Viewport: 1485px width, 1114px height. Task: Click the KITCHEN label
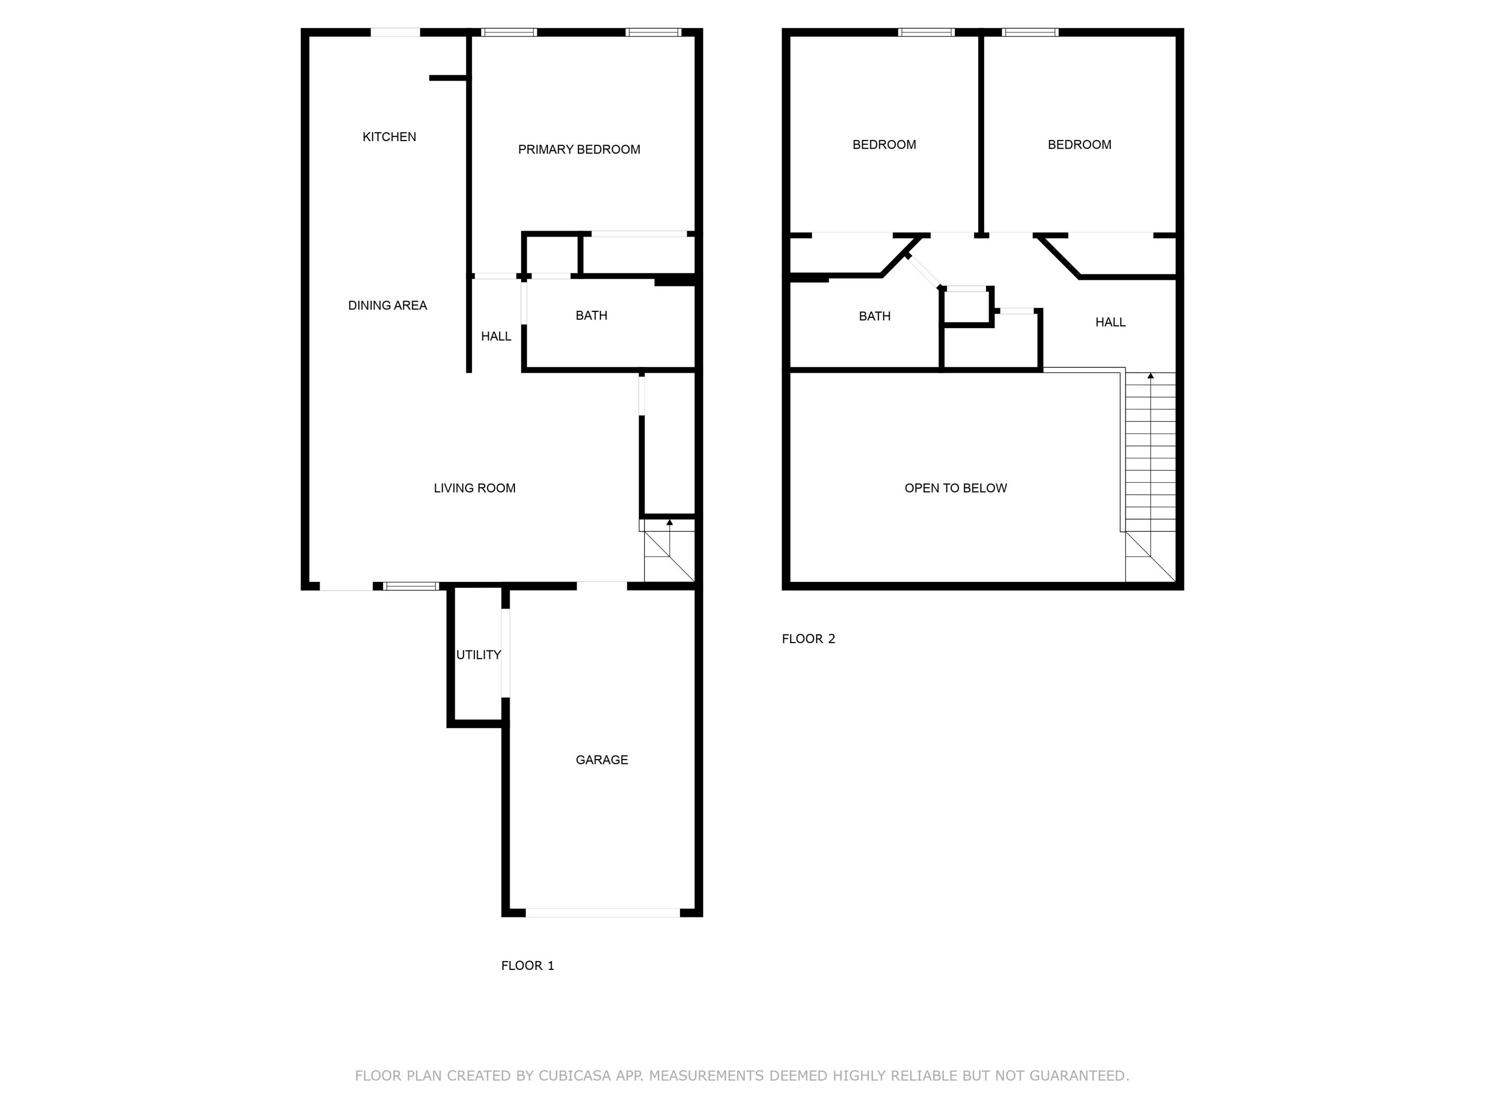(x=390, y=137)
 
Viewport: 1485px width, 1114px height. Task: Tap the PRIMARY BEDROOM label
(x=579, y=150)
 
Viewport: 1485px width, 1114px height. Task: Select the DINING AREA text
(x=388, y=305)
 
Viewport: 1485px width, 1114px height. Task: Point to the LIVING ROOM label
(x=475, y=488)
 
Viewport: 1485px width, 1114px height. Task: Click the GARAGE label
(x=601, y=760)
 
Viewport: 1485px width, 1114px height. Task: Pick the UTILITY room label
(x=479, y=655)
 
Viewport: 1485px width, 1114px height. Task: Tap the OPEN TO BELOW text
(x=955, y=488)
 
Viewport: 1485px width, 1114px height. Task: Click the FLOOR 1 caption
(x=528, y=965)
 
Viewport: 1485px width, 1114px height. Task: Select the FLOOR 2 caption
(x=808, y=639)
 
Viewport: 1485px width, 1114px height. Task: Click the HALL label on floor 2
(x=1110, y=322)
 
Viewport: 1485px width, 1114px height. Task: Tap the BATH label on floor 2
(x=875, y=316)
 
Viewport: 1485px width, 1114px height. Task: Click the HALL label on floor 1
(x=496, y=336)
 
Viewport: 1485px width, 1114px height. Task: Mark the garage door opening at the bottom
(x=602, y=912)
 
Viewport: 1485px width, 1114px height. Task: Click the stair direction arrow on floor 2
(x=1151, y=376)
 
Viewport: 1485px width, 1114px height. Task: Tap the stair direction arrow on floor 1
(x=669, y=522)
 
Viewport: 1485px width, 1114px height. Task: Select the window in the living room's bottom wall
(x=411, y=586)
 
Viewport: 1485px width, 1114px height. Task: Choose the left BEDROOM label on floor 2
(x=884, y=145)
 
